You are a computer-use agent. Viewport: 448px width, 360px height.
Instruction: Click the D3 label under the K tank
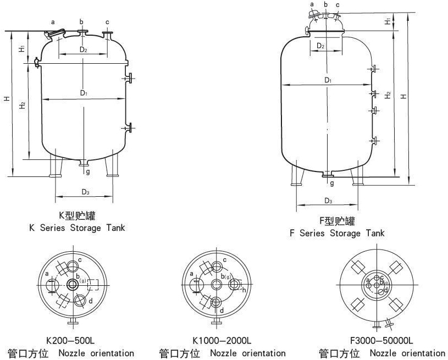pyautogui.click(x=85, y=192)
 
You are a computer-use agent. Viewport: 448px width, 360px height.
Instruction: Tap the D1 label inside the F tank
pyautogui.click(x=328, y=80)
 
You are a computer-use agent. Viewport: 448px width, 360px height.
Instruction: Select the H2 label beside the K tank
pyautogui.click(x=23, y=105)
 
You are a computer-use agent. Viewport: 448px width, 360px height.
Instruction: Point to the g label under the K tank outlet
pyautogui.click(x=88, y=171)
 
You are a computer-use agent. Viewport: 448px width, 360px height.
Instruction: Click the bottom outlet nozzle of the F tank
pyautogui.click(x=328, y=174)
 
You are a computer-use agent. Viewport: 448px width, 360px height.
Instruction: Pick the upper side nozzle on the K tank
pyautogui.click(x=128, y=78)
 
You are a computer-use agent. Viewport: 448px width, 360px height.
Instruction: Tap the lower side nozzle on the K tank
pyautogui.click(x=128, y=128)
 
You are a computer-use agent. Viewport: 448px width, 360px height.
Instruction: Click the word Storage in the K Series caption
pyautogui.click(x=85, y=228)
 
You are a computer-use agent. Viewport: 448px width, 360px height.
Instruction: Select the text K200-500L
pyautogui.click(x=70, y=341)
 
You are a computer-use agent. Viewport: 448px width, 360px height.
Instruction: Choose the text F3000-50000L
pyautogui.click(x=381, y=341)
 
